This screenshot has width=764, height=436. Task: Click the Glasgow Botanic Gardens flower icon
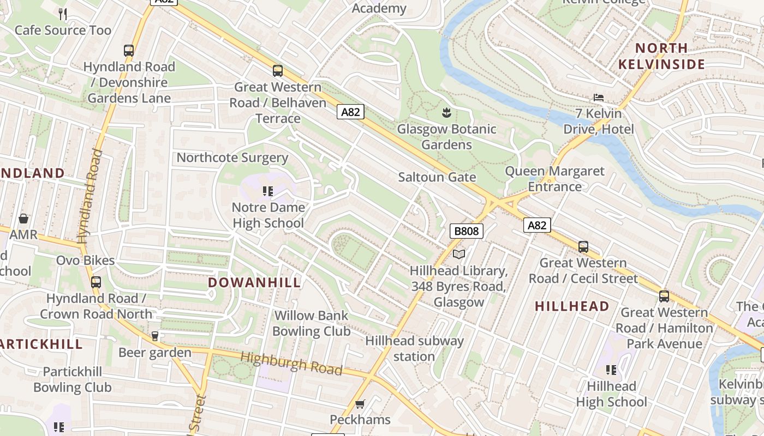point(446,113)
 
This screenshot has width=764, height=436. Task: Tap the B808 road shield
point(467,231)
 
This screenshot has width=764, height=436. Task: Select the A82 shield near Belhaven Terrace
point(350,112)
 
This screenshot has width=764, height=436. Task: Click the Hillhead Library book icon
point(459,255)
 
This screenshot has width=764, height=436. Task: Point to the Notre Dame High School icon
point(268,191)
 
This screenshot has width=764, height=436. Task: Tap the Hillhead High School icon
point(611,370)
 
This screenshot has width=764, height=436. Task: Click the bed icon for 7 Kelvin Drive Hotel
point(599,98)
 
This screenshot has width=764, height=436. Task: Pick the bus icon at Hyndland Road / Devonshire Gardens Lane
point(129,51)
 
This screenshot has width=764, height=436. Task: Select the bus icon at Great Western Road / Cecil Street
point(583,247)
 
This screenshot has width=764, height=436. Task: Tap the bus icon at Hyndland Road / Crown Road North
point(96,282)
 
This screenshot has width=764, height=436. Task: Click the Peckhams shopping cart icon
point(360,404)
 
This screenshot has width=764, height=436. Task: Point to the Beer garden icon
point(155,336)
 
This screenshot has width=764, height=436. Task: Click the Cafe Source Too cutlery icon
point(63,14)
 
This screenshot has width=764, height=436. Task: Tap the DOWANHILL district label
point(254,282)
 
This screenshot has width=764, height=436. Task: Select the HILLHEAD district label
point(572,306)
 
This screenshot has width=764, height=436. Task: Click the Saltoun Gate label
point(437,177)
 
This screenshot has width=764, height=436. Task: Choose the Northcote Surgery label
point(232,158)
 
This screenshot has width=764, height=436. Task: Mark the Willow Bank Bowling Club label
point(311,323)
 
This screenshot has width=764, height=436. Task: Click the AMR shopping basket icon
point(23,219)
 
